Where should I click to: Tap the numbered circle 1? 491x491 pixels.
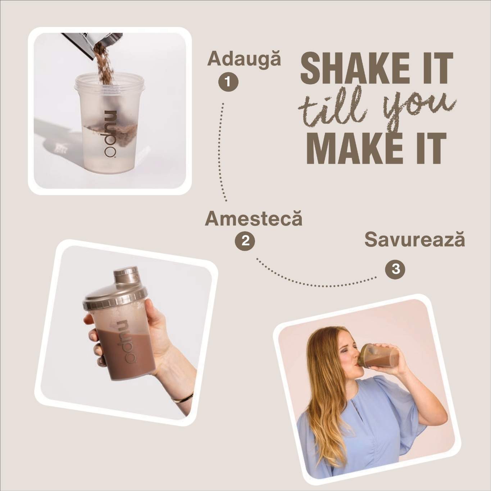228,82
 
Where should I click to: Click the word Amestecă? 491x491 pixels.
254,218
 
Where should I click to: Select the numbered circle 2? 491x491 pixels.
245,241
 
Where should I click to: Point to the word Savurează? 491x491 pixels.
414,240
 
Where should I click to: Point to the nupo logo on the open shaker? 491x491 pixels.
110,134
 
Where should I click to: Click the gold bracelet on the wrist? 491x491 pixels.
182,398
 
